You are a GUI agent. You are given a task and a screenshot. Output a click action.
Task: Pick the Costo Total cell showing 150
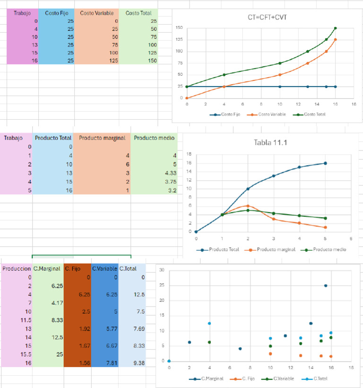151,61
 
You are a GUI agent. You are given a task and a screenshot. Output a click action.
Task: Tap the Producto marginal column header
102,138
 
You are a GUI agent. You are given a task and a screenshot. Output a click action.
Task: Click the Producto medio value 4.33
169,173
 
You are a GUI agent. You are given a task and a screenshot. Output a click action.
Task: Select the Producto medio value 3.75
169,182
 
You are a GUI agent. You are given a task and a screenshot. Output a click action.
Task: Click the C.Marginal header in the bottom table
47,269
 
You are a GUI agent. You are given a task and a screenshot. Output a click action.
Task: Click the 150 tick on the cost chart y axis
180,28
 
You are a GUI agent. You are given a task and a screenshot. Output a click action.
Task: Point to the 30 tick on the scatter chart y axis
162,271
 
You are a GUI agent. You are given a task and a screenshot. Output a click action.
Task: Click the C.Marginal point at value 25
326,286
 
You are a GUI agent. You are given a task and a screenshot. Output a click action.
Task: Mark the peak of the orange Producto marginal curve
248,206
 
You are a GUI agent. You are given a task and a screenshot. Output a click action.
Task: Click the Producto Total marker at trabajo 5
325,163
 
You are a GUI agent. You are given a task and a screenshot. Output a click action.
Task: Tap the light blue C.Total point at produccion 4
209,324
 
